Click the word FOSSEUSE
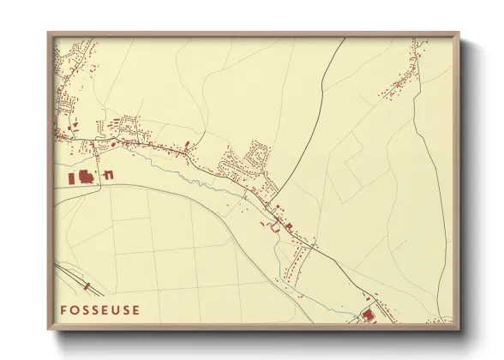pos(99,309)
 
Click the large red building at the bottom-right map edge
pos(369,315)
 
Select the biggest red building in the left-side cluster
pos(85,177)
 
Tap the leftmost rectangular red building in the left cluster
pos(72,178)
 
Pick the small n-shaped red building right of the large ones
pos(109,175)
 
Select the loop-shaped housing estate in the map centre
pos(256,157)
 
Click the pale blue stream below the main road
pos(184,176)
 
